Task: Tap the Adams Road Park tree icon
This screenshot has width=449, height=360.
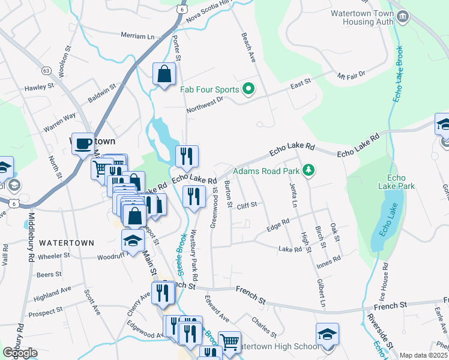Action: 309,171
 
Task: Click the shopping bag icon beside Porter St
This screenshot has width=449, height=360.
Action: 164,75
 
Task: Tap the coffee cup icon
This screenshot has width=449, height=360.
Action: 83,144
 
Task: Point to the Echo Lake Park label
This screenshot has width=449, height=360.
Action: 401,182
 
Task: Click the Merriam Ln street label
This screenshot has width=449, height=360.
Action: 137,36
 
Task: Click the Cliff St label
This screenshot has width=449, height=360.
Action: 246,205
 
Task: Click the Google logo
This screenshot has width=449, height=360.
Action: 20,353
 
